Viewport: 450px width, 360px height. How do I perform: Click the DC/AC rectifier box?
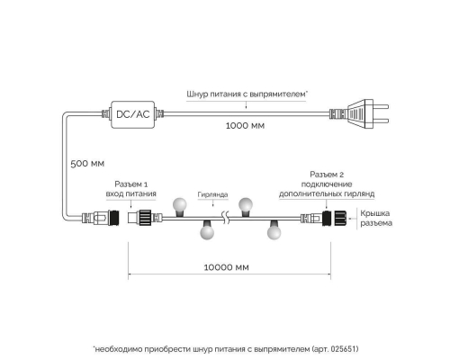coord(133,114)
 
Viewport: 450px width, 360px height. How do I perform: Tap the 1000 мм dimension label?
coord(245,125)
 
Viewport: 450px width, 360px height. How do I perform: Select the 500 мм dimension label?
coord(87,164)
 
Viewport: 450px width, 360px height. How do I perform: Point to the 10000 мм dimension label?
coord(227,267)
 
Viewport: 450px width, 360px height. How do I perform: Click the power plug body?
coord(360,114)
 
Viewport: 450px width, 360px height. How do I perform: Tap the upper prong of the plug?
coord(381,106)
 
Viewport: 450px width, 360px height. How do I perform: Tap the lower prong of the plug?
coord(381,121)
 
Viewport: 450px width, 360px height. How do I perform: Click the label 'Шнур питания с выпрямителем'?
coord(247,94)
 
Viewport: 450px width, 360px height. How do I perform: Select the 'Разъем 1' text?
coord(131,184)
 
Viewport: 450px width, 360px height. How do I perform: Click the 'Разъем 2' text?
coord(327,175)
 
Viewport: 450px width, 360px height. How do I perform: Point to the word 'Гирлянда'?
coord(212,194)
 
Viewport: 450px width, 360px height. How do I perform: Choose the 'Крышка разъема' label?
coord(376,218)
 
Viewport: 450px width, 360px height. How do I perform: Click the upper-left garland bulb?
coord(180,205)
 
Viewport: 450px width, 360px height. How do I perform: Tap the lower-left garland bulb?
coord(207,230)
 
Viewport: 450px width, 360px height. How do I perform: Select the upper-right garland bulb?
coord(246,205)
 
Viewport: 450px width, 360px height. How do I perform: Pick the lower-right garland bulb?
coord(274,230)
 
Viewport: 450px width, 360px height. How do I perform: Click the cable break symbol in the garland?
coord(226,218)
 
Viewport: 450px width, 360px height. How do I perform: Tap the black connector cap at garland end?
coord(340,218)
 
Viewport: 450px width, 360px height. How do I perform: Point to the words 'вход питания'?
coord(131,193)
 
